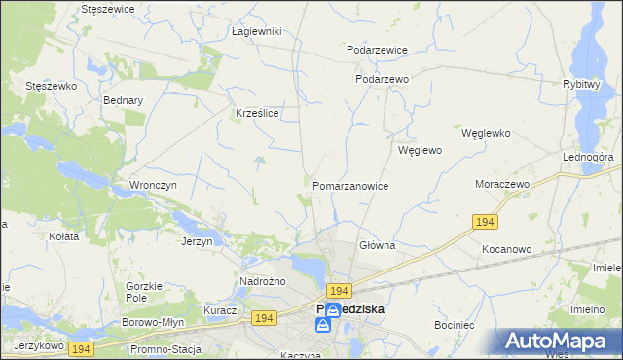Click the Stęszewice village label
(108, 8)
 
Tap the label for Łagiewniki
(257, 31)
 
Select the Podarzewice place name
(377, 49)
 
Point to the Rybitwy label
(580, 84)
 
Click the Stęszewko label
(51, 86)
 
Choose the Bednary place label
(123, 100)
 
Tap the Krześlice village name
(258, 113)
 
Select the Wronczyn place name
(152, 184)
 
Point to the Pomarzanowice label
(350, 185)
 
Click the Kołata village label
(62, 235)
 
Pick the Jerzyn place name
(198, 240)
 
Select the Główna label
(377, 245)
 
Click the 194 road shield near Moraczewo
(487, 223)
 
